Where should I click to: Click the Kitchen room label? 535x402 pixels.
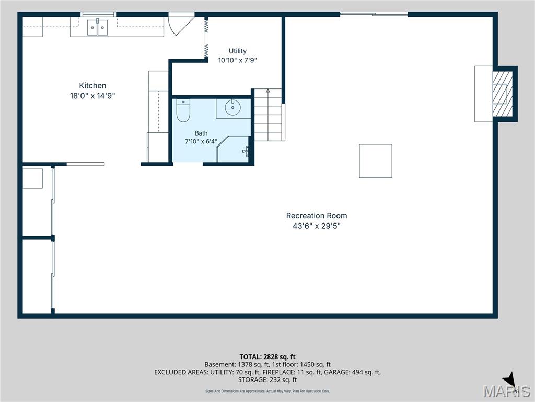pyautogui.click(x=92, y=85)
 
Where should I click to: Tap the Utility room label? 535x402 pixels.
pyautogui.click(x=238, y=51)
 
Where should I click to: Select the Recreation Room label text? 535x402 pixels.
pyautogui.click(x=317, y=216)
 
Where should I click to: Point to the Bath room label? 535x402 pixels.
pyautogui.click(x=201, y=133)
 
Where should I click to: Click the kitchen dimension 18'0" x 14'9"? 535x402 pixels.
pyautogui.click(x=92, y=96)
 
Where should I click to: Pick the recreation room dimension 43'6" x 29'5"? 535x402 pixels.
pyautogui.click(x=317, y=226)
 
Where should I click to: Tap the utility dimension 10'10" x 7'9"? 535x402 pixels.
pyautogui.click(x=238, y=60)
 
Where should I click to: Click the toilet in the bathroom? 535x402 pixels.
pyautogui.click(x=183, y=110)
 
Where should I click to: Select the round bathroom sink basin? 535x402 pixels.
pyautogui.click(x=233, y=108)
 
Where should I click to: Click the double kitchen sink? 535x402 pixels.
pyautogui.click(x=97, y=27)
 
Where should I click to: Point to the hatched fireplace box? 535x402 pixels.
pyautogui.click(x=502, y=94)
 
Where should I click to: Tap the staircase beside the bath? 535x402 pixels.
pyautogui.click(x=269, y=115)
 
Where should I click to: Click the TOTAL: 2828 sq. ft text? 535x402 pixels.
pyautogui.click(x=267, y=357)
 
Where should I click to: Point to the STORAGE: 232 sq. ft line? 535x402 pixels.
pyautogui.click(x=267, y=380)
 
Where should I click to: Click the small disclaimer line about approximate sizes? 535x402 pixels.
pyautogui.click(x=267, y=391)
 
